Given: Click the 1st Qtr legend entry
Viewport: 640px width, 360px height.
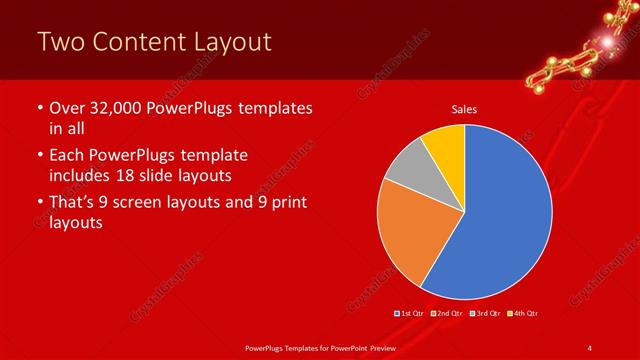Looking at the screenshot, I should pos(411,314).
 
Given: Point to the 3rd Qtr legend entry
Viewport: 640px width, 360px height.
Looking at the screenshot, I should pos(486,314).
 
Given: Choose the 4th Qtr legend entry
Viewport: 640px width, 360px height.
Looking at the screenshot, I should pos(524,314).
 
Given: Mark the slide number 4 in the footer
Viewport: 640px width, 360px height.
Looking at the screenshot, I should pos(589,347).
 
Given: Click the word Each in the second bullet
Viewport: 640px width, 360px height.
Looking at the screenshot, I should pos(69,156).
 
